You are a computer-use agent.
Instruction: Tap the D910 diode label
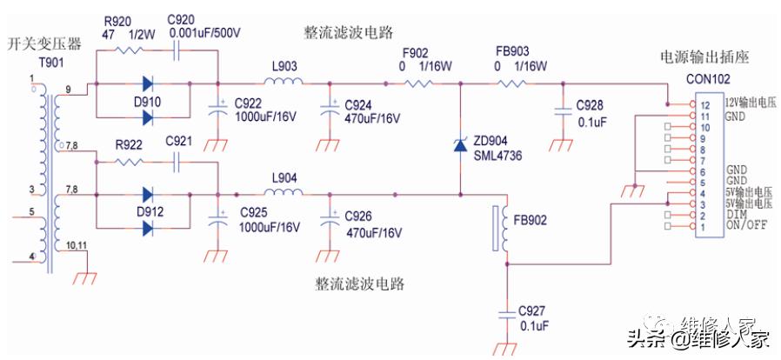click(x=149, y=103)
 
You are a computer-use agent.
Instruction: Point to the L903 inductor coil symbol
click(x=284, y=83)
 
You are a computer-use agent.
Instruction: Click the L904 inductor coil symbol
click(x=284, y=194)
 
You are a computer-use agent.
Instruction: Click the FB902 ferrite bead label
click(x=530, y=219)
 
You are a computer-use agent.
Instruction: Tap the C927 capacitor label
click(x=533, y=310)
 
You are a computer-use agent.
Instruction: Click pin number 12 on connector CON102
click(x=693, y=104)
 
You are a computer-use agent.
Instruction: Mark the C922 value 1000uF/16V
click(x=268, y=117)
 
